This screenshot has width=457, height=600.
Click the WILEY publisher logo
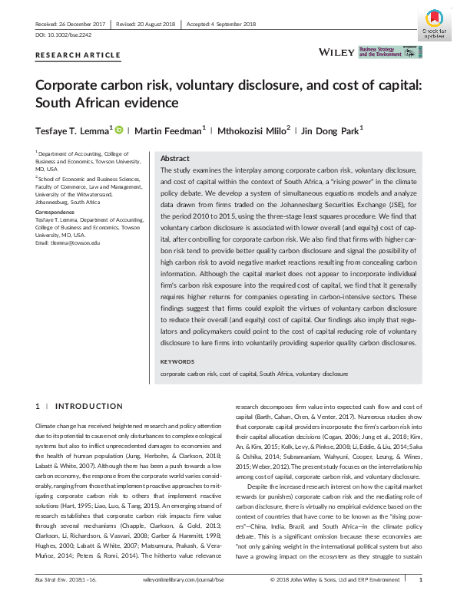tap(336, 52)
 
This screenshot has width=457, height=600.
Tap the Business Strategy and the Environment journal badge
tap(389, 52)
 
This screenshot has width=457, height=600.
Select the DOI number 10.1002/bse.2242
tap(62, 35)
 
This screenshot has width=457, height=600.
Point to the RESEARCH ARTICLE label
tap(78, 55)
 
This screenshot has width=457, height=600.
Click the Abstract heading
tap(174, 157)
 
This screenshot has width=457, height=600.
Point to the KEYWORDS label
tap(177, 361)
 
